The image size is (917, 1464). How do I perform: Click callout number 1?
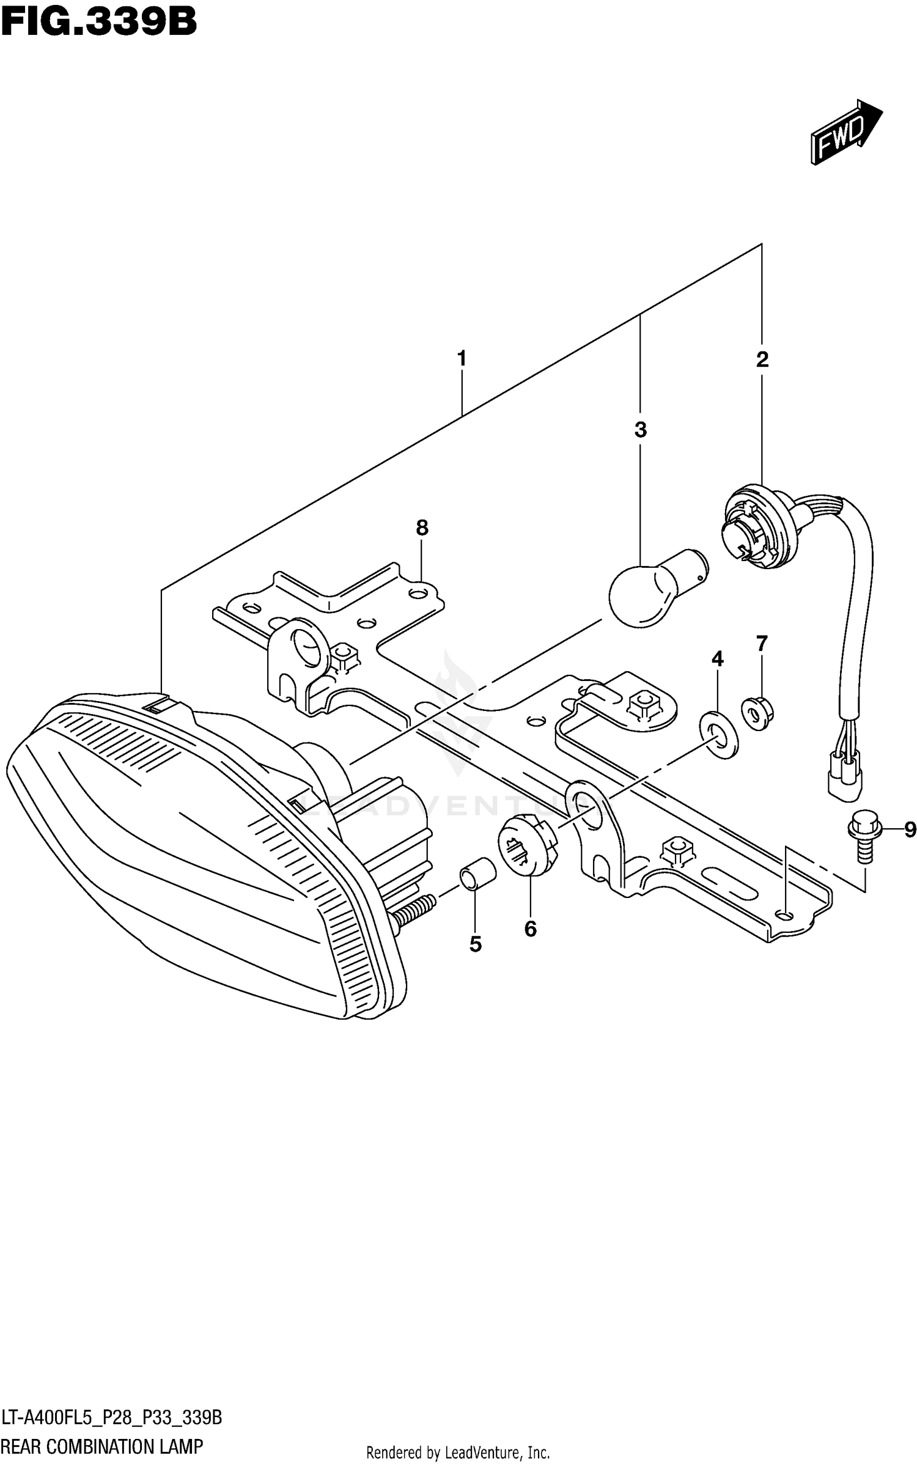(462, 358)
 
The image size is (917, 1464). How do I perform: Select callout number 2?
(762, 359)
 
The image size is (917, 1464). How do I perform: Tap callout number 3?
(640, 430)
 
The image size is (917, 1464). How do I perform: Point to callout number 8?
(422, 528)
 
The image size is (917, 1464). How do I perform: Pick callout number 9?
(910, 829)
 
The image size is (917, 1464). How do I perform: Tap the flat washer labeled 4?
(718, 734)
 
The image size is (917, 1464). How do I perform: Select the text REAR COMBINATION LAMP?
(102, 1446)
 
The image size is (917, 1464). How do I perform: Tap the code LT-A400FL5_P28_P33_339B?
(112, 1413)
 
